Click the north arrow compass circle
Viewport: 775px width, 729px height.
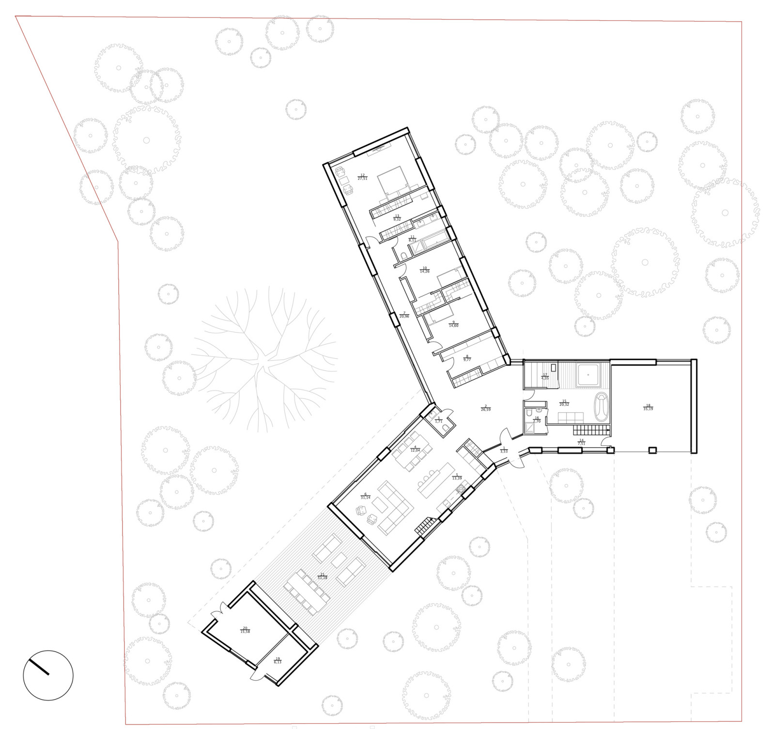(48, 675)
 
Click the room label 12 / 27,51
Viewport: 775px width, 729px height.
(362, 177)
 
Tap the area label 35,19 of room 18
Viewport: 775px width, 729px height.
(648, 409)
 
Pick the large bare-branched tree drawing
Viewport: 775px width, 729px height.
(264, 358)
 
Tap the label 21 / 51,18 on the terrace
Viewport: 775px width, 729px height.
(322, 576)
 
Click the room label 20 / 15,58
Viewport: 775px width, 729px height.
(245, 630)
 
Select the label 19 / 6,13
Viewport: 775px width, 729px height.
(278, 660)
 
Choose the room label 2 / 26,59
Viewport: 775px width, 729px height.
(485, 408)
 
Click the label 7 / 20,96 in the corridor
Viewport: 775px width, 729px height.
(404, 315)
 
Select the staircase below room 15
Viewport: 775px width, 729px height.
(591, 430)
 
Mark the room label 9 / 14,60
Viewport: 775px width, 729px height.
(453, 324)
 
